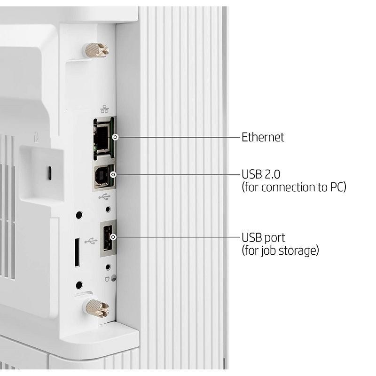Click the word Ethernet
coord(263,137)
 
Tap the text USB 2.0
coord(261,174)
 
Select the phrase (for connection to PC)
coord(294,187)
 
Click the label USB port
coord(263,237)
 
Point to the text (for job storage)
coord(280,250)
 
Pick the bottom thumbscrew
coord(96,307)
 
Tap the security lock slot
coord(48,173)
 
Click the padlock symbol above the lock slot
coord(36,137)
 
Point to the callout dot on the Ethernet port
coord(115,137)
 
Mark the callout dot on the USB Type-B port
coord(113,175)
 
